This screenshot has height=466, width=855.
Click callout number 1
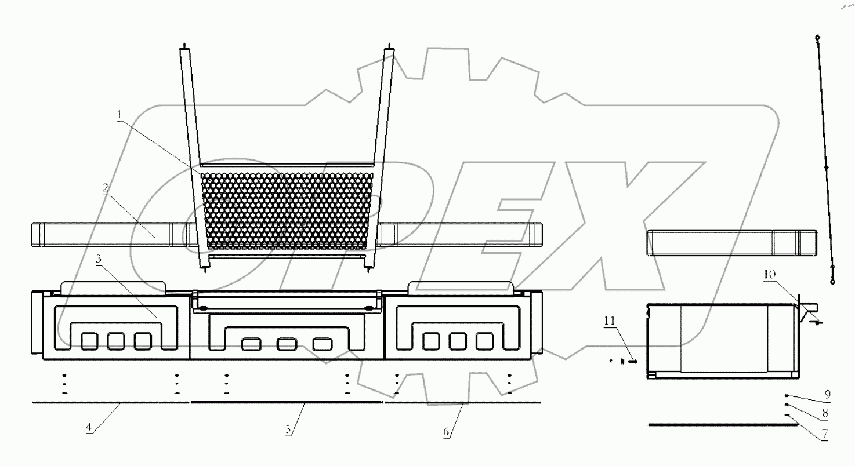click(119, 115)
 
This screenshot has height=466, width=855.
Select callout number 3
click(99, 261)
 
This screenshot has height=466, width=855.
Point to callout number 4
click(89, 428)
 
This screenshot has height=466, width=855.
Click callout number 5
click(288, 431)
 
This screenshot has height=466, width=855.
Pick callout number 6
click(445, 432)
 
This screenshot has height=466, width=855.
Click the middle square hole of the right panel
click(458, 341)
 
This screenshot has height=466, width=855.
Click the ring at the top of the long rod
click(817, 38)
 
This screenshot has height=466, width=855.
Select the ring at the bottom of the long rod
click(834, 282)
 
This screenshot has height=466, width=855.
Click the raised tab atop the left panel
click(114, 287)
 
